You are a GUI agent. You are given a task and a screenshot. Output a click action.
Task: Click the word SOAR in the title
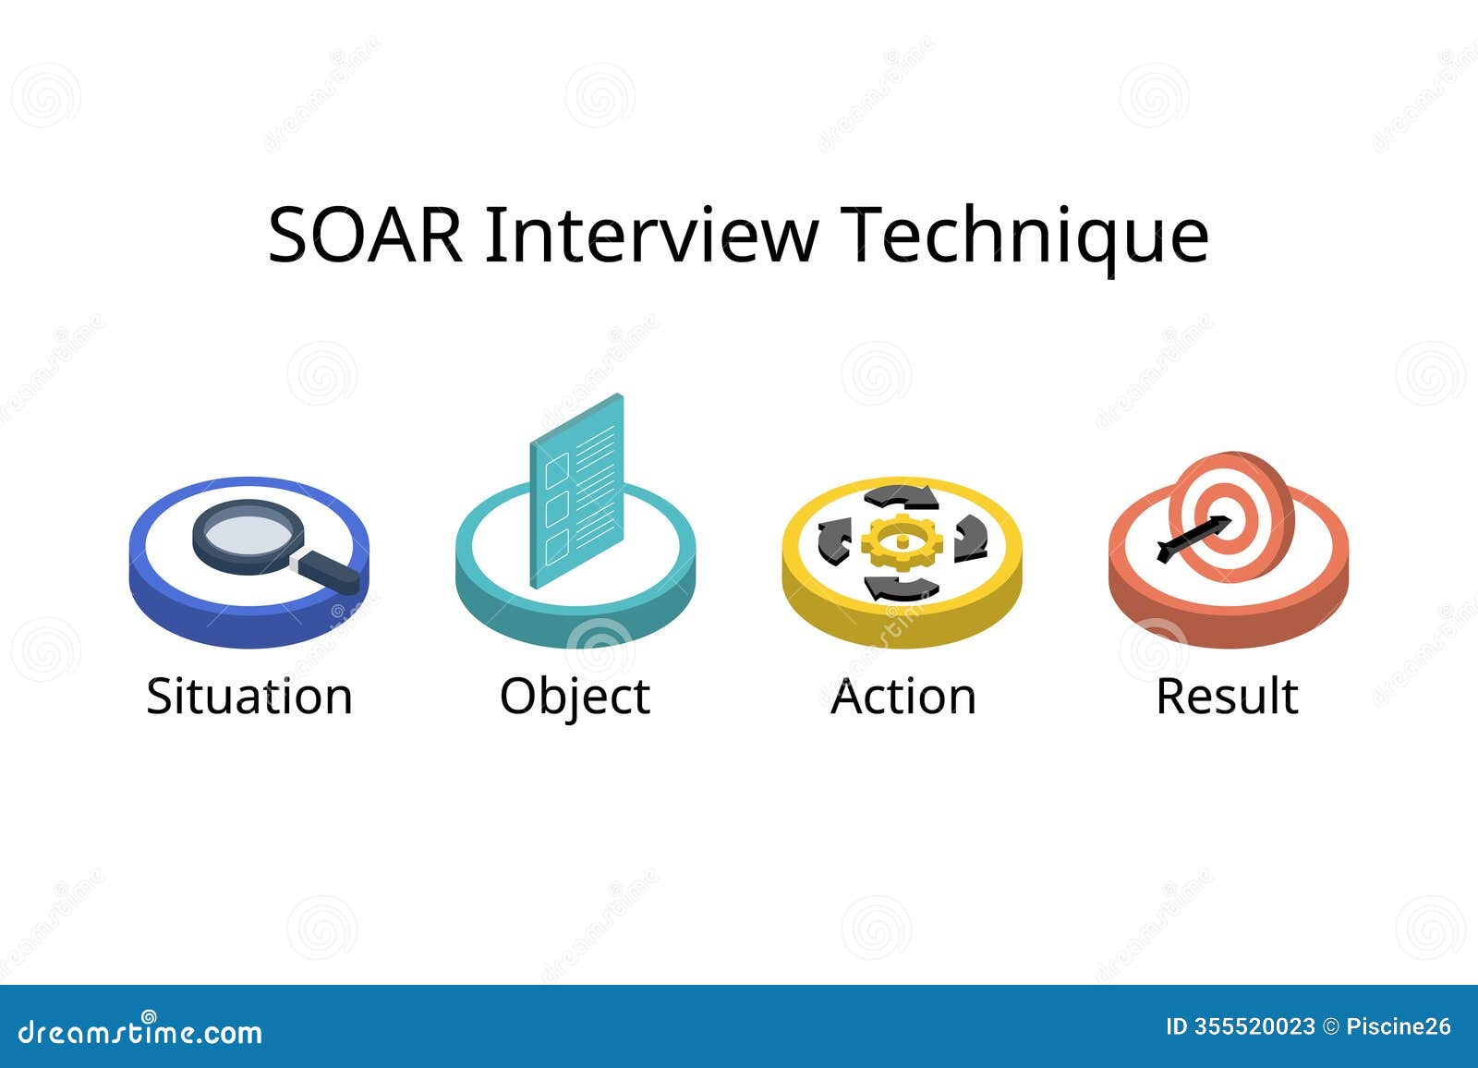[365, 236]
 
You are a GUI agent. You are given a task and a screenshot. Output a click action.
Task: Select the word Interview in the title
[651, 236]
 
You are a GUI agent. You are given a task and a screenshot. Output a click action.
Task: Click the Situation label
[249, 697]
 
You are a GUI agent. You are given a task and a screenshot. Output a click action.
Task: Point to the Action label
[903, 697]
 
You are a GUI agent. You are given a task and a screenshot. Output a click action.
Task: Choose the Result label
[1227, 697]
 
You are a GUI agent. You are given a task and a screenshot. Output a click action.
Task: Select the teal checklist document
[576, 490]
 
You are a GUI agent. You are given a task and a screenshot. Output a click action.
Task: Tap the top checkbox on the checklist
[556, 469]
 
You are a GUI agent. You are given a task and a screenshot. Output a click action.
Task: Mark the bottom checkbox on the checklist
[556, 546]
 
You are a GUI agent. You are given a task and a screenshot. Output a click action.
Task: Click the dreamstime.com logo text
[140, 1031]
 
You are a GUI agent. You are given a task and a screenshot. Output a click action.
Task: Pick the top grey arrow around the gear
[901, 497]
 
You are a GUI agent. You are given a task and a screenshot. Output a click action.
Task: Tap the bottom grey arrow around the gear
[901, 588]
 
